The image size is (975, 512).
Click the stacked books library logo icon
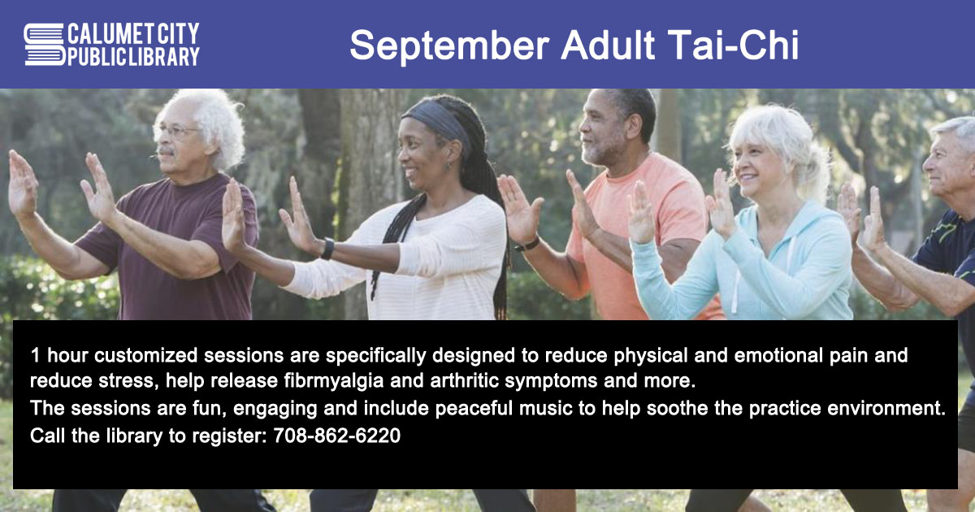pos(45,45)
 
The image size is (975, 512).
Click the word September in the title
pos(449,46)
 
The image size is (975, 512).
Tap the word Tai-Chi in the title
pos(734,45)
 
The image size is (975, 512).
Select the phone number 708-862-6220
pos(337,436)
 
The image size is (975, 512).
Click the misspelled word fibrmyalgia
pos(334,381)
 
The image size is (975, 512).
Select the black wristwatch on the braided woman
pos(327,249)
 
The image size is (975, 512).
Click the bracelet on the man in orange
pos(526,245)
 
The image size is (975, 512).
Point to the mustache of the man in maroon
pos(166,151)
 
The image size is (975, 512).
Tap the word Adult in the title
pos(608,45)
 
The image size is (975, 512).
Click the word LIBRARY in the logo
pos(164,57)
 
